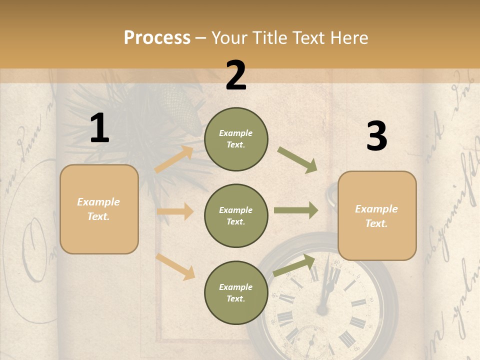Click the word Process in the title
pos(157,38)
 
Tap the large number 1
pos(99,128)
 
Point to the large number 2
pos(236,75)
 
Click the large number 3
pos(376,136)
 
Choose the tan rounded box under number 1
pos(99,209)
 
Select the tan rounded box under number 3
pos(377,215)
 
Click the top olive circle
pos(236,138)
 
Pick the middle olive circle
pos(236,215)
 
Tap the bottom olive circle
pos(236,292)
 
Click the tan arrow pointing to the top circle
pos(174,159)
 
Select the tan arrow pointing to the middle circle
pos(175,211)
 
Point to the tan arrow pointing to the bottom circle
pos(175,266)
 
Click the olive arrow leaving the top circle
pos(297,160)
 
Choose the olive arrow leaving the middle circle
pos(295,210)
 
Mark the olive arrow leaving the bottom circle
pos(294,265)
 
